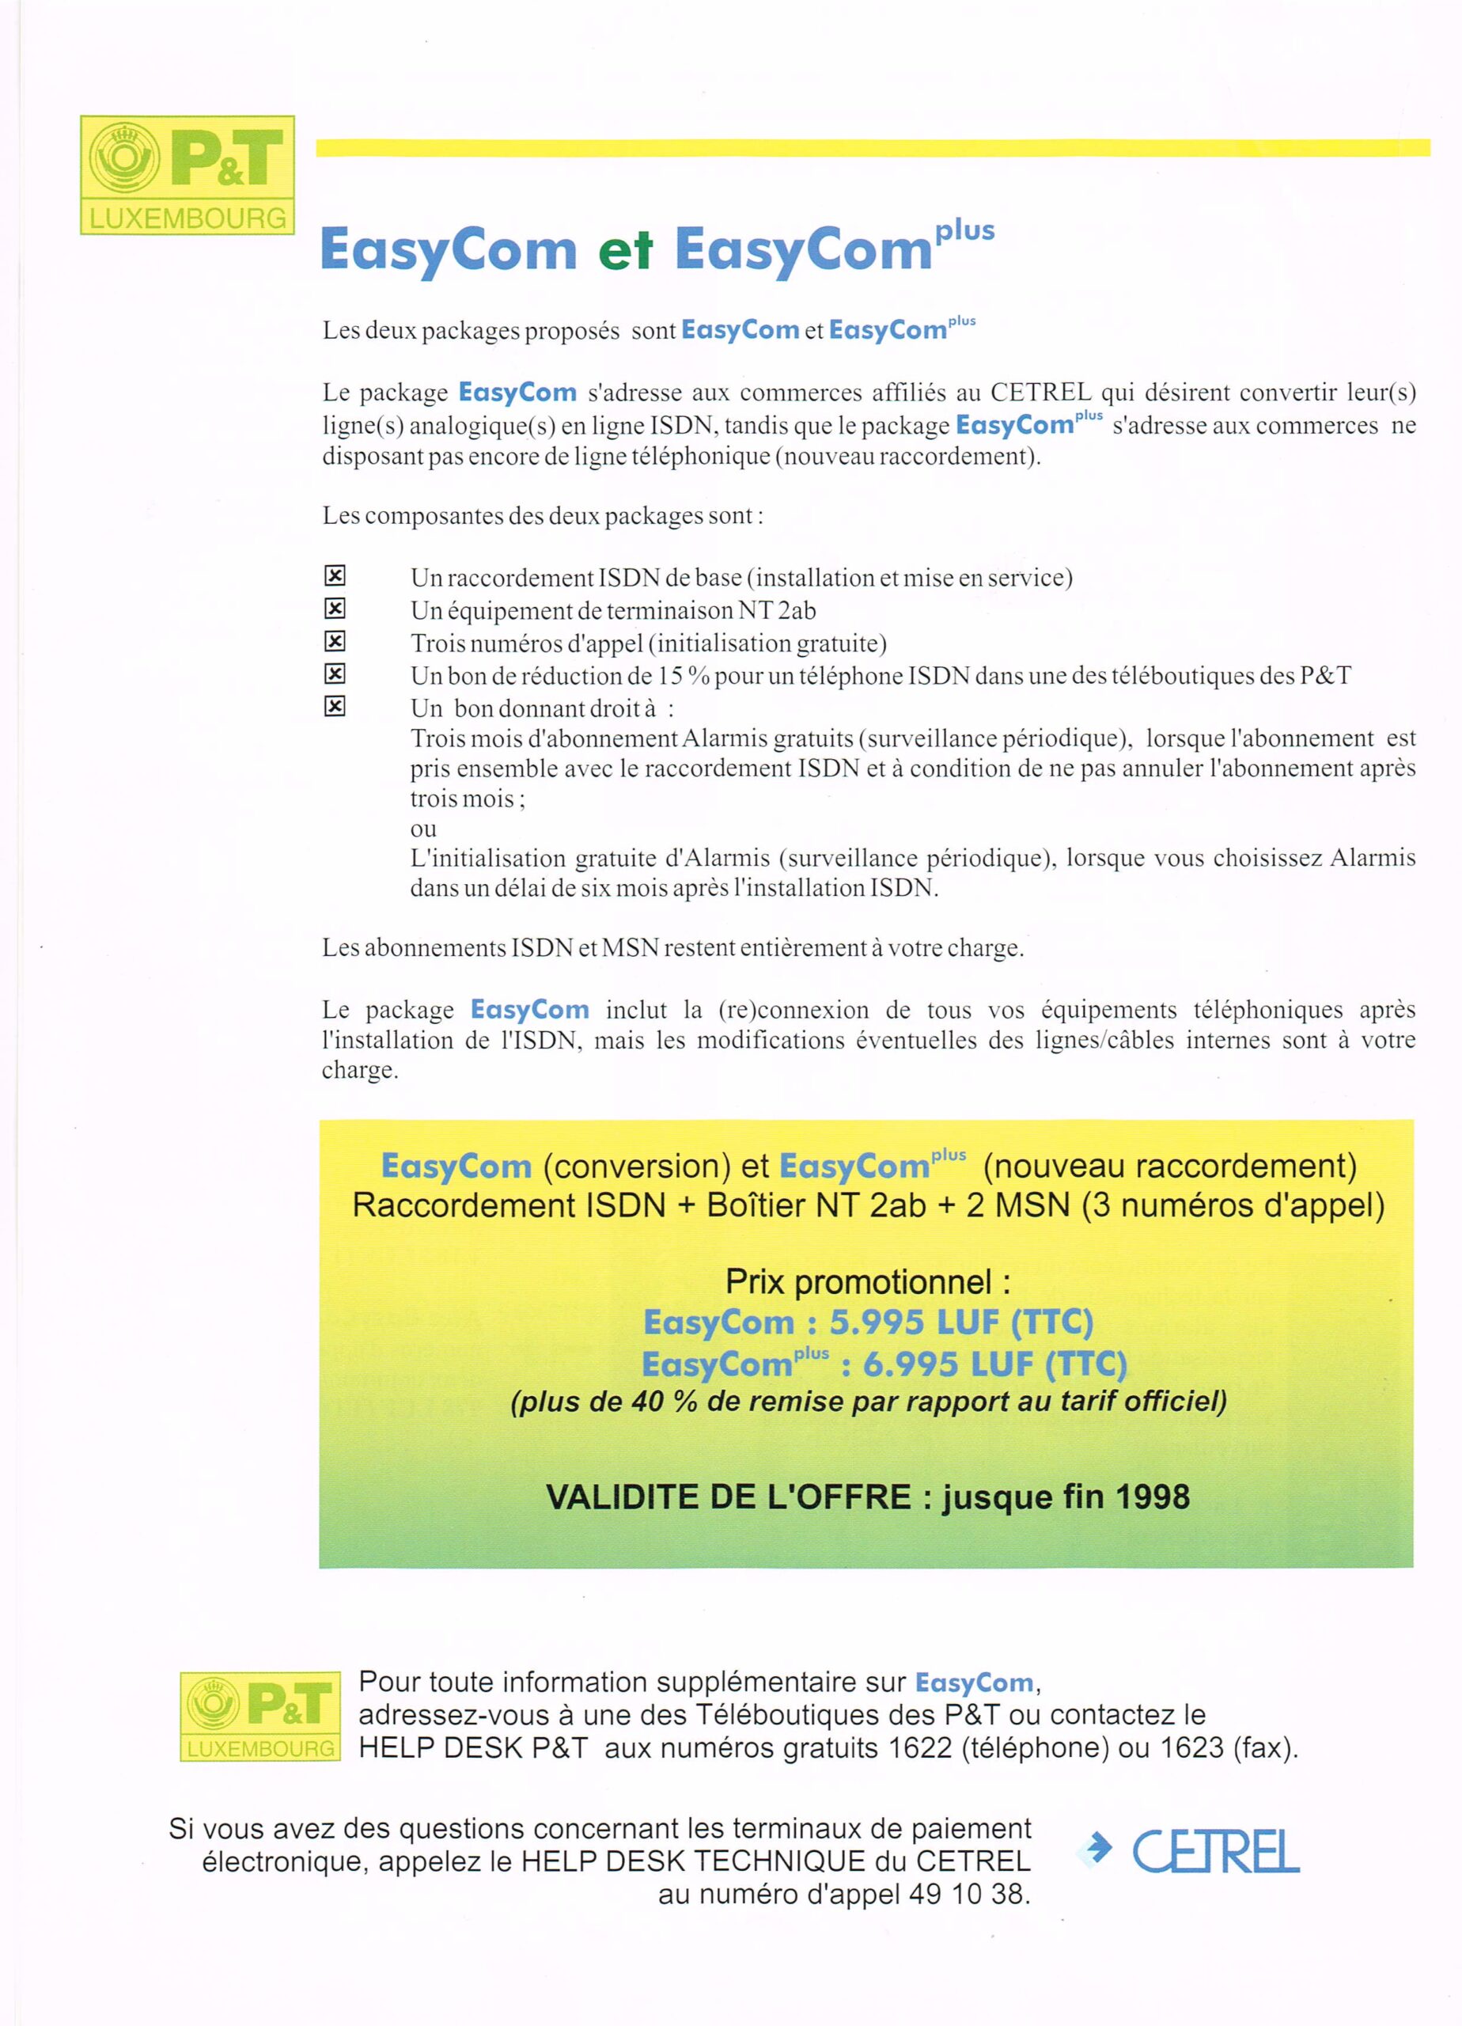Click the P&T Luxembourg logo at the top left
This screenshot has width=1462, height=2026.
pos(187,175)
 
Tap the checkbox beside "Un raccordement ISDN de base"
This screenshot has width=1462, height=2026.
pos(334,576)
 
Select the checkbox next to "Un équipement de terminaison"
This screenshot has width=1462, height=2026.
pos(334,609)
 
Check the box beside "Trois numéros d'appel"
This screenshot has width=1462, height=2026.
pos(334,641)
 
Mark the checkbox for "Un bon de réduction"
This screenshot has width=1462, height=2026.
pos(334,673)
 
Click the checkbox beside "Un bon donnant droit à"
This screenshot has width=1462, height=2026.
pos(334,707)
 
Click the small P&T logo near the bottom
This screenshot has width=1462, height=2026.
pos(260,1716)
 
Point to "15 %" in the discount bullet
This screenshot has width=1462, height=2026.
pos(684,676)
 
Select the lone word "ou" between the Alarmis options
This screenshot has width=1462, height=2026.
pos(423,829)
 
